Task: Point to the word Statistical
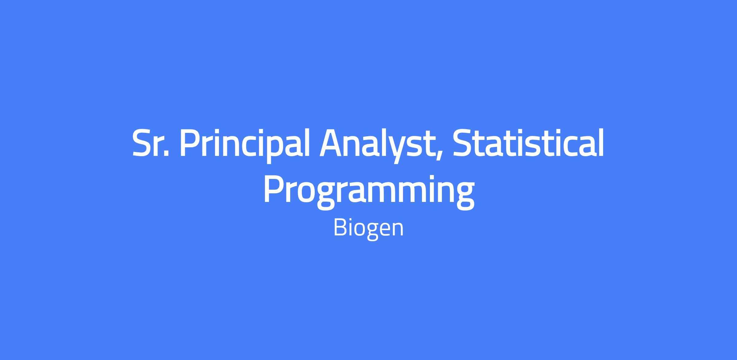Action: pyautogui.click(x=528, y=142)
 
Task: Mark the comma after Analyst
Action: pyautogui.click(x=439, y=157)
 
